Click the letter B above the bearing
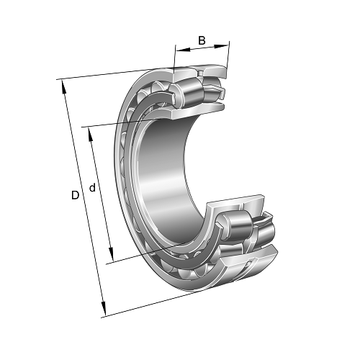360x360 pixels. (202, 40)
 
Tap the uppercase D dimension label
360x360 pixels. (74, 195)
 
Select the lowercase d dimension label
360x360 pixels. (92, 189)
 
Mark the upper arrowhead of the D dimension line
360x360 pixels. (63, 84)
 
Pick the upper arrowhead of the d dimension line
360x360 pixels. (89, 132)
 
